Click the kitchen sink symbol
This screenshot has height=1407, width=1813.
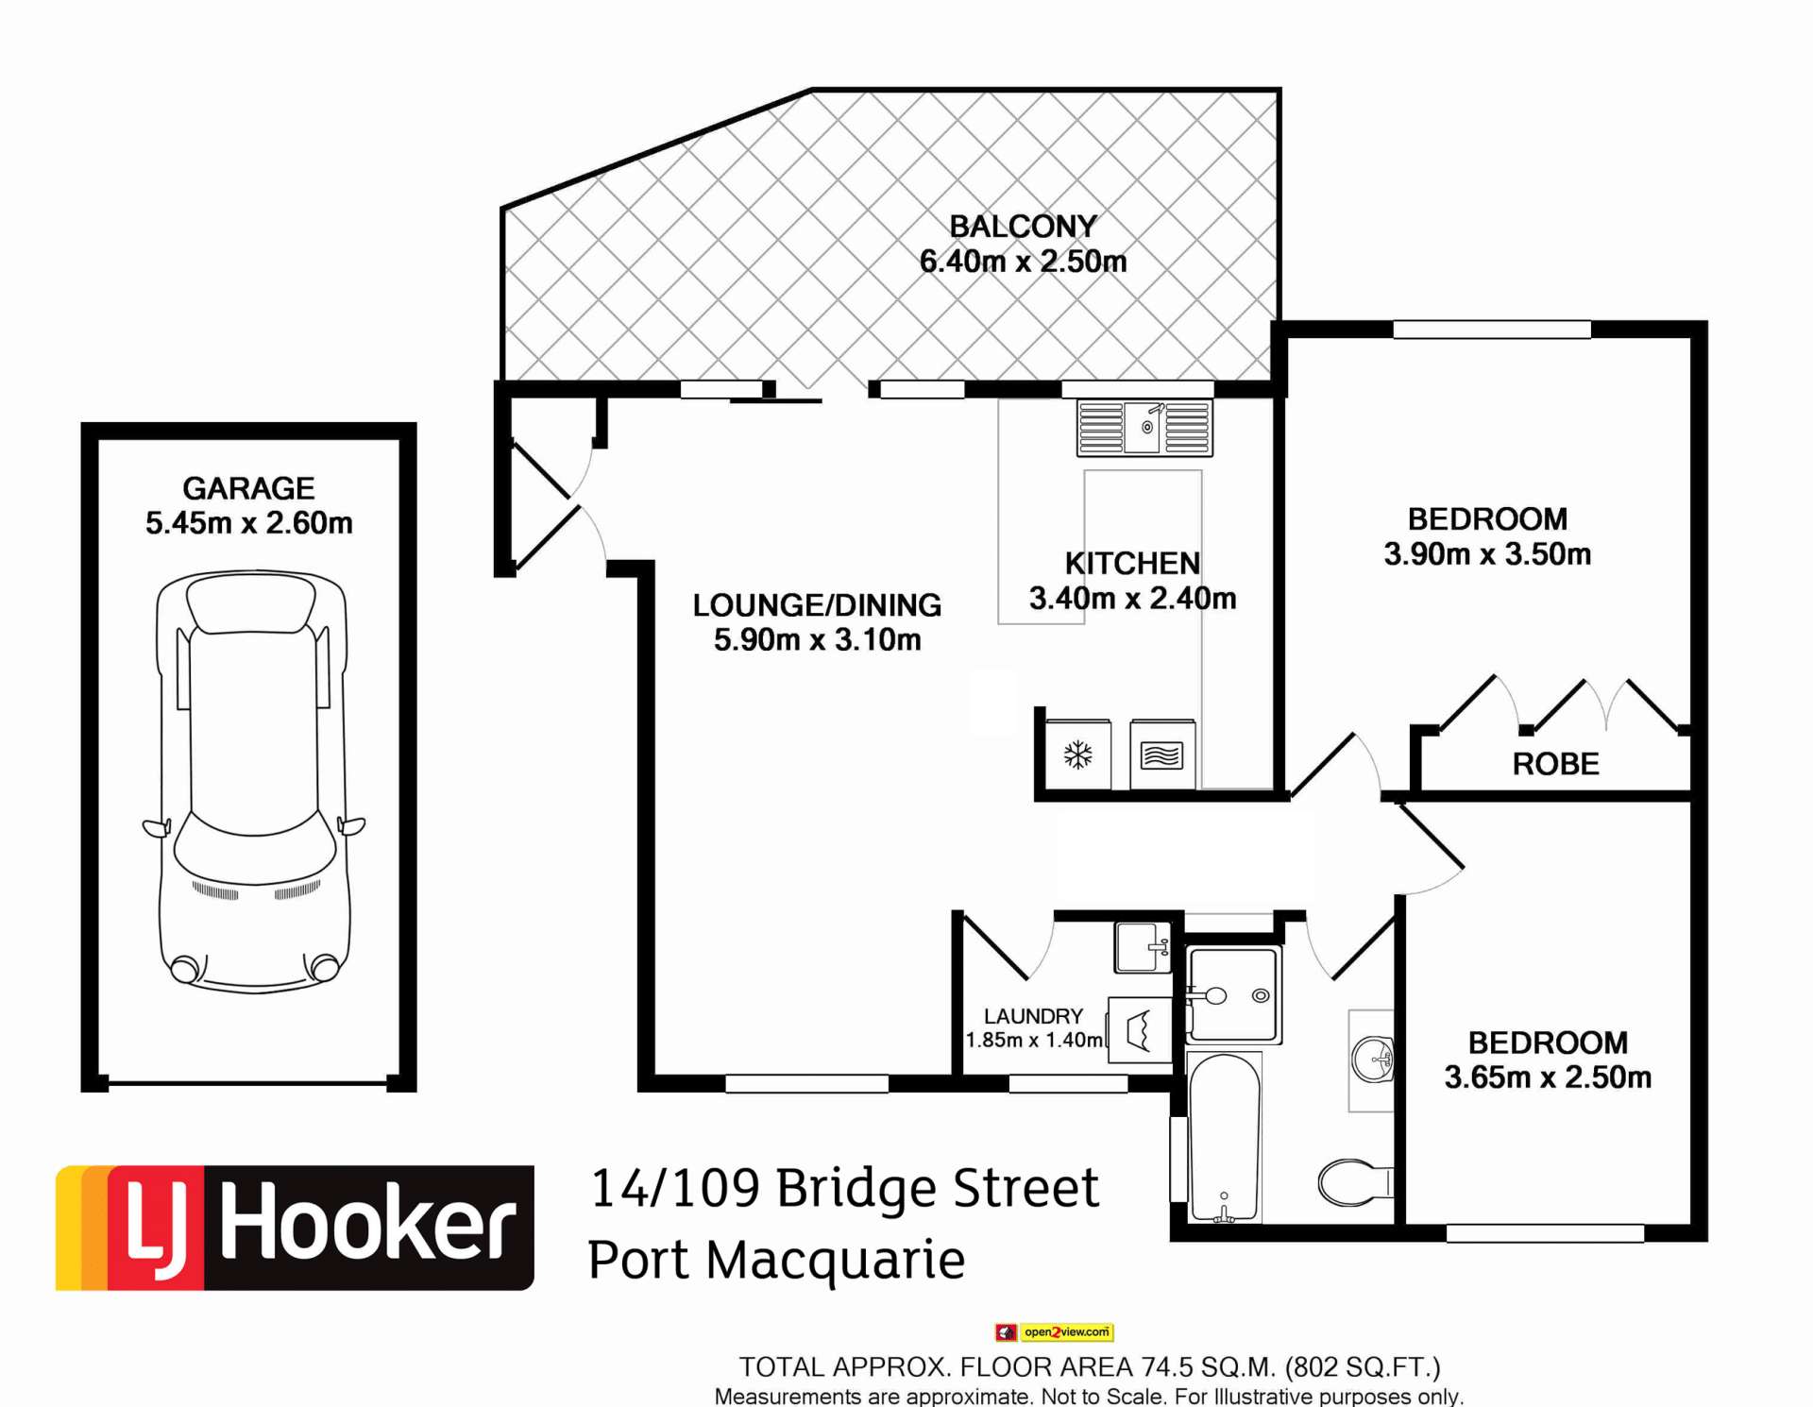(1144, 428)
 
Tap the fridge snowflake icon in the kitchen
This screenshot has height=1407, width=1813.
(1078, 754)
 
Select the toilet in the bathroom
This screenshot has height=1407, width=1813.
(1355, 1182)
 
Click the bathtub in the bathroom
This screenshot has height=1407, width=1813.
(1224, 1138)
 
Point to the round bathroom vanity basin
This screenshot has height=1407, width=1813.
(1372, 1059)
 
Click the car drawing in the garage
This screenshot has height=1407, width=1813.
(253, 781)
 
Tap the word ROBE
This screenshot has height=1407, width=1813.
(1555, 764)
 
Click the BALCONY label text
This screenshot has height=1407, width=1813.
(1023, 227)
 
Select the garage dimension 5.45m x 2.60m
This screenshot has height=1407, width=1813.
(249, 523)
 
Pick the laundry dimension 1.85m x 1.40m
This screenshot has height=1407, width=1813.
(1034, 1041)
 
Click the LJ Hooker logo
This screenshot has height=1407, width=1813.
(295, 1228)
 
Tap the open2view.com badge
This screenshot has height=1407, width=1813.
(1054, 1332)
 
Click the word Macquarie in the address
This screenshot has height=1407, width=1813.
(836, 1261)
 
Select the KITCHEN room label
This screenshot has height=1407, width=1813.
(1132, 564)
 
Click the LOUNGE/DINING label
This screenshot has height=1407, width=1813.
(817, 605)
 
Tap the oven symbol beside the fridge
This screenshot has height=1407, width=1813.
(1162, 755)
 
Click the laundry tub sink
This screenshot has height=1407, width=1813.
(1143, 947)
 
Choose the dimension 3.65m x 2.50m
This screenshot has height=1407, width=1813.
(1548, 1077)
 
